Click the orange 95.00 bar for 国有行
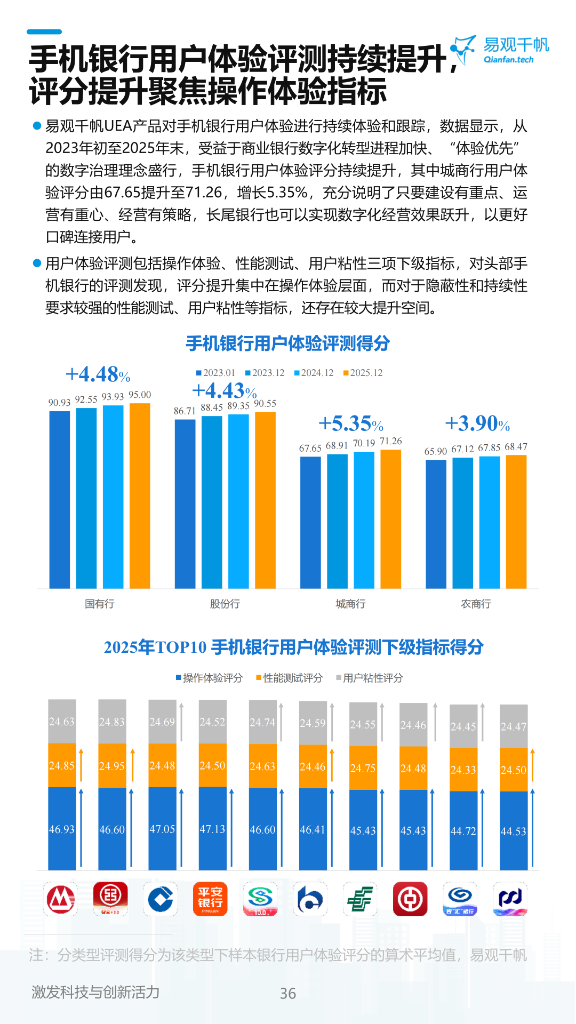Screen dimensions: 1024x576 [140, 496]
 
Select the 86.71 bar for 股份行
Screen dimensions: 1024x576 [185, 504]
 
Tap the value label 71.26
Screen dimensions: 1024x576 [391, 442]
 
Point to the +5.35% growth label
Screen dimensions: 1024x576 [351, 424]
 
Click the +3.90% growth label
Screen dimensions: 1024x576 [477, 424]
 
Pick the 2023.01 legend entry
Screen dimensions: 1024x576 [215, 373]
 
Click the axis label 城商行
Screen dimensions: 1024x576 [350, 604]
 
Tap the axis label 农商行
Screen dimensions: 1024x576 [476, 604]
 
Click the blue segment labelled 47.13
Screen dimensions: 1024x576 [212, 828]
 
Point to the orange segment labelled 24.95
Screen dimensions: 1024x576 [112, 766]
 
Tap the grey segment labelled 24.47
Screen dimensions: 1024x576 [513, 726]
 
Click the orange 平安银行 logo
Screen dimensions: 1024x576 [210, 899]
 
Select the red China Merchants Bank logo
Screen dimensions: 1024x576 [61, 899]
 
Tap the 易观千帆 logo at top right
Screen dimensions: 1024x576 [500, 50]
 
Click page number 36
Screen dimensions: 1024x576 [288, 993]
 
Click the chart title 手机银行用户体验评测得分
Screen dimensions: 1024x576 [288, 343]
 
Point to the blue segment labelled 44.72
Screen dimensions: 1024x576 [463, 831]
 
